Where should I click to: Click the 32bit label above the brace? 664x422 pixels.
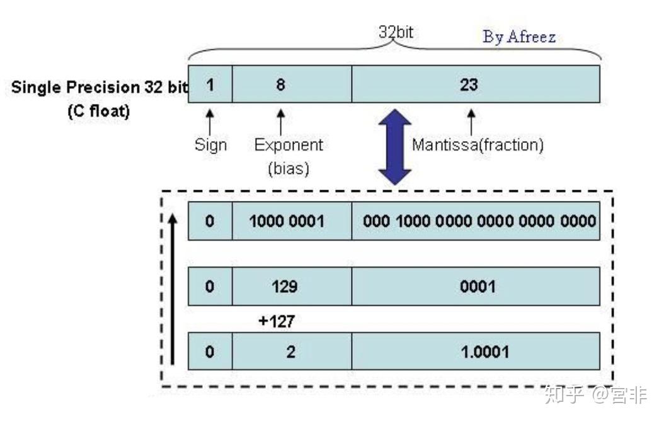pyautogui.click(x=396, y=32)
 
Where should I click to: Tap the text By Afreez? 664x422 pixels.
pyautogui.click(x=519, y=37)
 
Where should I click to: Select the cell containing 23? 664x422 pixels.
pyautogui.click(x=476, y=84)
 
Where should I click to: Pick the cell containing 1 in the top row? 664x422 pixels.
pyautogui.click(x=210, y=84)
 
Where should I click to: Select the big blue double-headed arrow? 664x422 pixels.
pyautogui.click(x=395, y=147)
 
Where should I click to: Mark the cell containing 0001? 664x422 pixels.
pyautogui.click(x=476, y=287)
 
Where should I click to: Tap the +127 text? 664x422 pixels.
pyautogui.click(x=277, y=321)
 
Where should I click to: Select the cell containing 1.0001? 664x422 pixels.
pyautogui.click(x=476, y=351)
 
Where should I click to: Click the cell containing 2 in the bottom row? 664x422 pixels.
pyautogui.click(x=292, y=351)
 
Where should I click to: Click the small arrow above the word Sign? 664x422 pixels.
pyautogui.click(x=210, y=120)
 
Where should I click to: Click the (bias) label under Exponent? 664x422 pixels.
pyautogui.click(x=289, y=168)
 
